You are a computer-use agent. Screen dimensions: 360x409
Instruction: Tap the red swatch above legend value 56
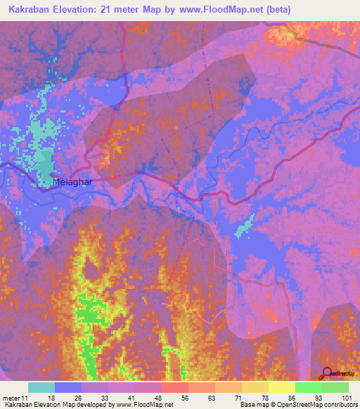(175, 387)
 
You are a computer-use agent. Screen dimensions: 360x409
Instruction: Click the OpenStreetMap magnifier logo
(326, 373)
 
